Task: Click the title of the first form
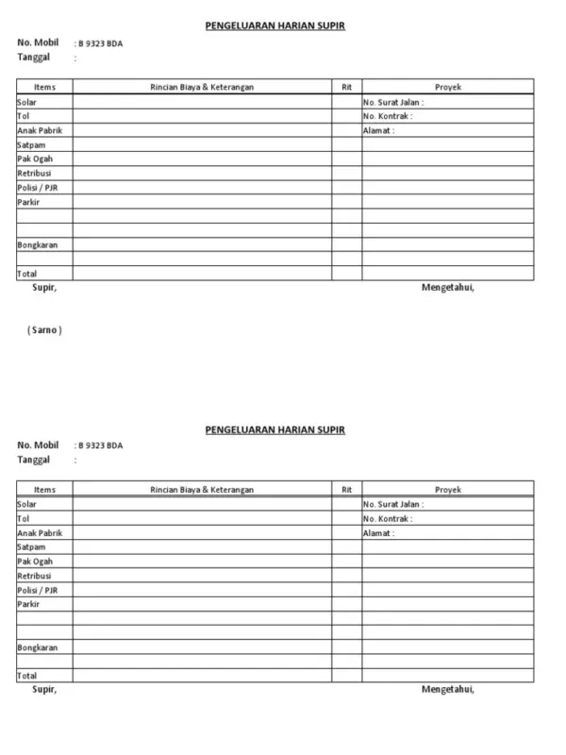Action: pos(275,25)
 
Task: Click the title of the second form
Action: pos(275,430)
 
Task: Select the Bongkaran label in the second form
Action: pos(38,647)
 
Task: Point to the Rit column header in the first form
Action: pos(346,87)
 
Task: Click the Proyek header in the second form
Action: pos(448,490)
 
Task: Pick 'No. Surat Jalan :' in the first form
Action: pos(393,102)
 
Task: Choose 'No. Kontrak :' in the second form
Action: pos(388,519)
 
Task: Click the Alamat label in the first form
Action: pos(378,130)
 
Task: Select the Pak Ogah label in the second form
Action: pos(35,562)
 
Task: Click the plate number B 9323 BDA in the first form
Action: pos(101,43)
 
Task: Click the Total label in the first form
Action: pos(27,274)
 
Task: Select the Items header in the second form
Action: pos(44,490)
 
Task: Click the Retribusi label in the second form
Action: pos(34,576)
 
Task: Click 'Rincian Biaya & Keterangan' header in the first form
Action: pos(202,87)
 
